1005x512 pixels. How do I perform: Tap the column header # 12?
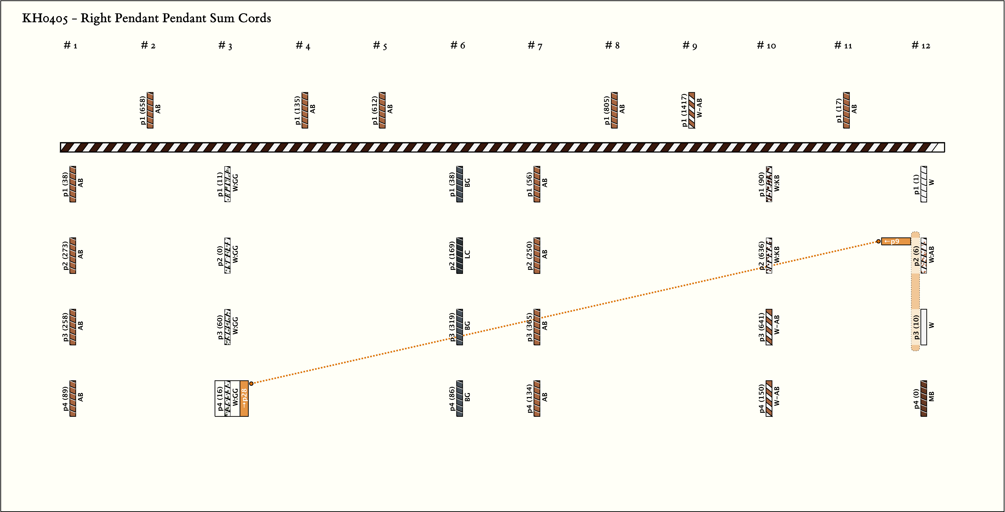tap(921, 46)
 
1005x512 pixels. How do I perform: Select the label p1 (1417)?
tap(684, 110)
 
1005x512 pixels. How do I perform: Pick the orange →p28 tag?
tap(244, 398)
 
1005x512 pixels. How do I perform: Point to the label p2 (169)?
tap(452, 256)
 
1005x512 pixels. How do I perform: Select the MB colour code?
tap(932, 396)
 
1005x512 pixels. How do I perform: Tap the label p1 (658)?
tap(143, 111)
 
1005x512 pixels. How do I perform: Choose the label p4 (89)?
tap(65, 398)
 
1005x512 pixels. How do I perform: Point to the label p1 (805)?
tap(607, 111)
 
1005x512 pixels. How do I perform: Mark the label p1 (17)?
tap(839, 111)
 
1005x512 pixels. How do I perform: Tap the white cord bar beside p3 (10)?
tap(924, 327)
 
